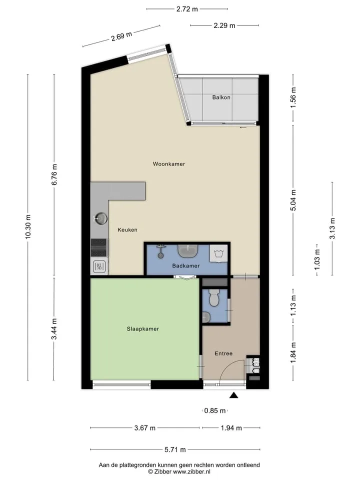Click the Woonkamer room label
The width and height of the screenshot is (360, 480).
coord(169,164)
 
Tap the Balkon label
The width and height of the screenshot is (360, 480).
coord(221,97)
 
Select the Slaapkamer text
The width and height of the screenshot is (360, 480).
coord(143,329)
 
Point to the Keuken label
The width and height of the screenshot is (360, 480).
coord(127,230)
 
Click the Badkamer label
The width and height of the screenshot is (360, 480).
coord(186,265)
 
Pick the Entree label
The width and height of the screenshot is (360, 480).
coord(223,353)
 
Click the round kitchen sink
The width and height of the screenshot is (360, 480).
coord(100,218)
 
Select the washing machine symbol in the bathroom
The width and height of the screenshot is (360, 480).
coord(218,253)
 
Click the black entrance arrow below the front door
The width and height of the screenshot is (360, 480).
coord(234,395)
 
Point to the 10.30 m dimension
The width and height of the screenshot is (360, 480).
coord(28,226)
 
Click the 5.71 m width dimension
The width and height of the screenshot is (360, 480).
coord(175,449)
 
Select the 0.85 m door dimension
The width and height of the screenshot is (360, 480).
coord(215,411)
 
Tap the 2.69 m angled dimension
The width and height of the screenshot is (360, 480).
coord(121,36)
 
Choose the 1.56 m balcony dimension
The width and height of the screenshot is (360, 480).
coord(293,97)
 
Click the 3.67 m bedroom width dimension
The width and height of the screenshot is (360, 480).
coord(145,428)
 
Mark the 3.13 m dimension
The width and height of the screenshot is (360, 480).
coord(332,228)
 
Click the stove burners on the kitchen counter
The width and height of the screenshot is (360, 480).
coord(99,247)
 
